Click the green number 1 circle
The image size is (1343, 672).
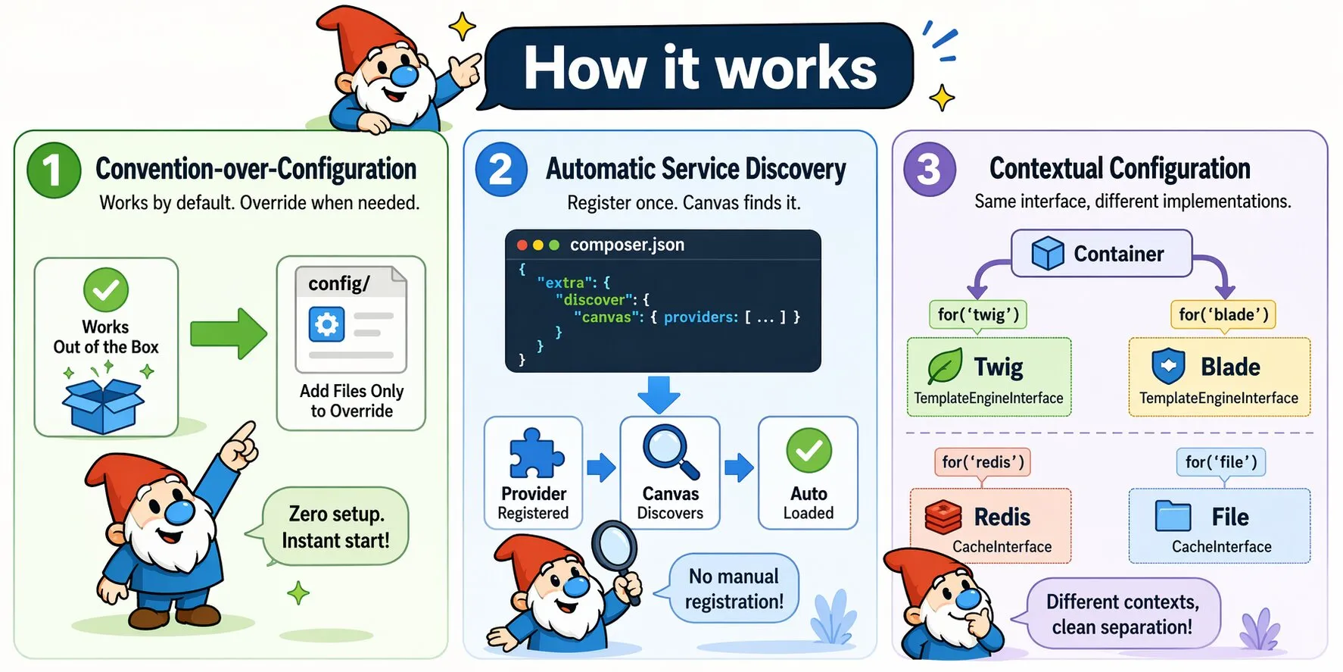(54, 170)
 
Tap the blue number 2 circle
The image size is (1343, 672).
(500, 170)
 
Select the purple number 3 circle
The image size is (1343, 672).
(929, 169)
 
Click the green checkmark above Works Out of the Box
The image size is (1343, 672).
(106, 289)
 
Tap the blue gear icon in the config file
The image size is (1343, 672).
(327, 325)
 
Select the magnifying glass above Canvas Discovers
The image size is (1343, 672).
(670, 452)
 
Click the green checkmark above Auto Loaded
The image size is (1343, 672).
(809, 451)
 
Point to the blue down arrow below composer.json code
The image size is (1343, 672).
(658, 394)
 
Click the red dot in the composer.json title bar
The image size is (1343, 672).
(522, 245)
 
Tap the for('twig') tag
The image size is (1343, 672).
(978, 314)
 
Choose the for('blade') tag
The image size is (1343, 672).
(1223, 314)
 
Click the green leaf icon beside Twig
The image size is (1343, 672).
(945, 367)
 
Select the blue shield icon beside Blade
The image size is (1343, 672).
(1168, 367)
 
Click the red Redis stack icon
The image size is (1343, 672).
(943, 517)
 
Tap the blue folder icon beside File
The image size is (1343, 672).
(1173, 516)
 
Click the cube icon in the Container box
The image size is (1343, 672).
(1048, 253)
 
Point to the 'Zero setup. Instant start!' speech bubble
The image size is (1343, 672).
(335, 527)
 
